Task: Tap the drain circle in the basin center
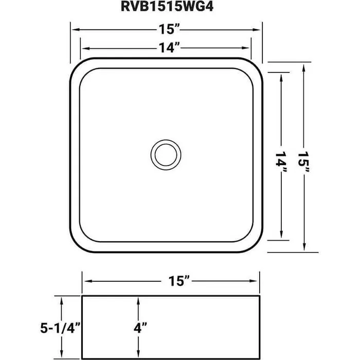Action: (166, 153)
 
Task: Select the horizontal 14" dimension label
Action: (166, 48)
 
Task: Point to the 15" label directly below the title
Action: (166, 29)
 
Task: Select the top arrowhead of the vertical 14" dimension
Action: (281, 76)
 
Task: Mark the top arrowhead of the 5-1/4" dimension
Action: (62, 300)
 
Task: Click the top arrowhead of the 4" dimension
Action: (138, 300)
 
